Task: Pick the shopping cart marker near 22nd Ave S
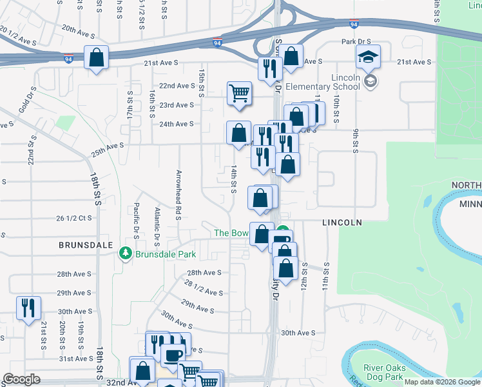(238, 94)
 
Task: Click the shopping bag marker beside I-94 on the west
(96, 58)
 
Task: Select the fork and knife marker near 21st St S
(28, 308)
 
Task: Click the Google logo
(21, 379)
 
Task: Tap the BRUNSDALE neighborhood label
(86, 246)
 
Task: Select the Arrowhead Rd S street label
(177, 194)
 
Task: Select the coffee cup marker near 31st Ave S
(172, 356)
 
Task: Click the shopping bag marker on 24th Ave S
(238, 133)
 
